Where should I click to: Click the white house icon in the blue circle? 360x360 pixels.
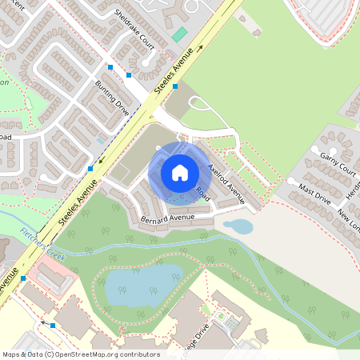(180, 172)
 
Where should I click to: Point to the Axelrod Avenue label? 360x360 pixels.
(226, 182)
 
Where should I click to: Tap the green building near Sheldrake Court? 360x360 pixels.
(180, 35)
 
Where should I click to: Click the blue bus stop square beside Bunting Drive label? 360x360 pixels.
(129, 74)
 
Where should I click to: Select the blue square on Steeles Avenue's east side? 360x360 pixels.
(175, 86)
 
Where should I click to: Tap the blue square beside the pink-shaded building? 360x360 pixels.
(23, 278)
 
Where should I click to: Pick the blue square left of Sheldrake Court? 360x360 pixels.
(111, 66)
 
